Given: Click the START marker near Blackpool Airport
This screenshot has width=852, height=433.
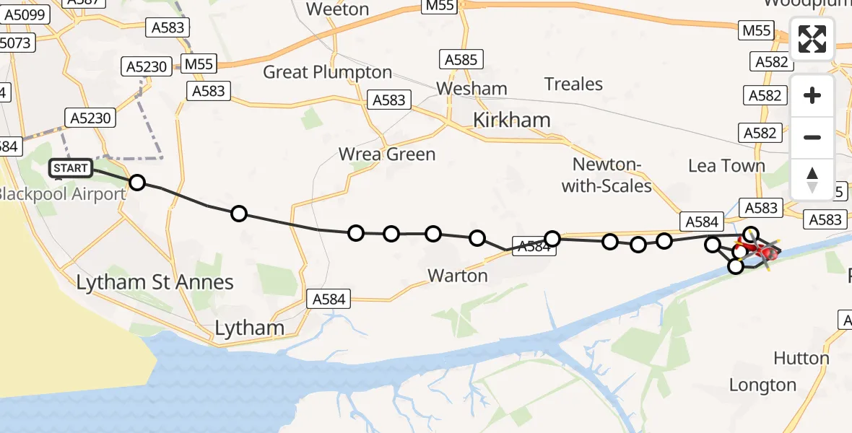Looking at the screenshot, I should pyautogui.click(x=71, y=169).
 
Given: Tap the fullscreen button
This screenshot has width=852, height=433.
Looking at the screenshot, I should pyautogui.click(x=812, y=39).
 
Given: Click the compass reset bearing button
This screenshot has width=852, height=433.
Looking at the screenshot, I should pyautogui.click(x=812, y=179).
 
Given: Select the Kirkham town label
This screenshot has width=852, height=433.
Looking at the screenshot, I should pyautogui.click(x=511, y=120).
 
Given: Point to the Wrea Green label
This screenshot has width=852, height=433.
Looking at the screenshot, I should pyautogui.click(x=388, y=154).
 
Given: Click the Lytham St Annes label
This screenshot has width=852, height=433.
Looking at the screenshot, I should pyautogui.click(x=155, y=282).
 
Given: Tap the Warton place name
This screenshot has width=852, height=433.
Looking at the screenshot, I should pyautogui.click(x=458, y=276).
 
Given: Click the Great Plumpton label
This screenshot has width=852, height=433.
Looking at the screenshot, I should pyautogui.click(x=327, y=72).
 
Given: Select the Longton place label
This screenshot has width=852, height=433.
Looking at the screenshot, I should pyautogui.click(x=762, y=385).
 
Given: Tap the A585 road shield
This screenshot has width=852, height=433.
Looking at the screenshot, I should pyautogui.click(x=461, y=60).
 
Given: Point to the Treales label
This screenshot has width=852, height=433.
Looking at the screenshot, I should pyautogui.click(x=573, y=84).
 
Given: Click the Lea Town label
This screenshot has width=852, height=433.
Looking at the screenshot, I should pyautogui.click(x=726, y=166).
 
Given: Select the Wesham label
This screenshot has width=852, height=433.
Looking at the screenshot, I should pyautogui.click(x=471, y=89).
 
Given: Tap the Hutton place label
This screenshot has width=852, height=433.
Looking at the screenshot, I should pyautogui.click(x=801, y=358).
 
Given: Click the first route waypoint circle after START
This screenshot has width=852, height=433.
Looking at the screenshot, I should pyautogui.click(x=136, y=182).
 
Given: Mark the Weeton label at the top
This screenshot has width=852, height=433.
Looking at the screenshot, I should pyautogui.click(x=337, y=9).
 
